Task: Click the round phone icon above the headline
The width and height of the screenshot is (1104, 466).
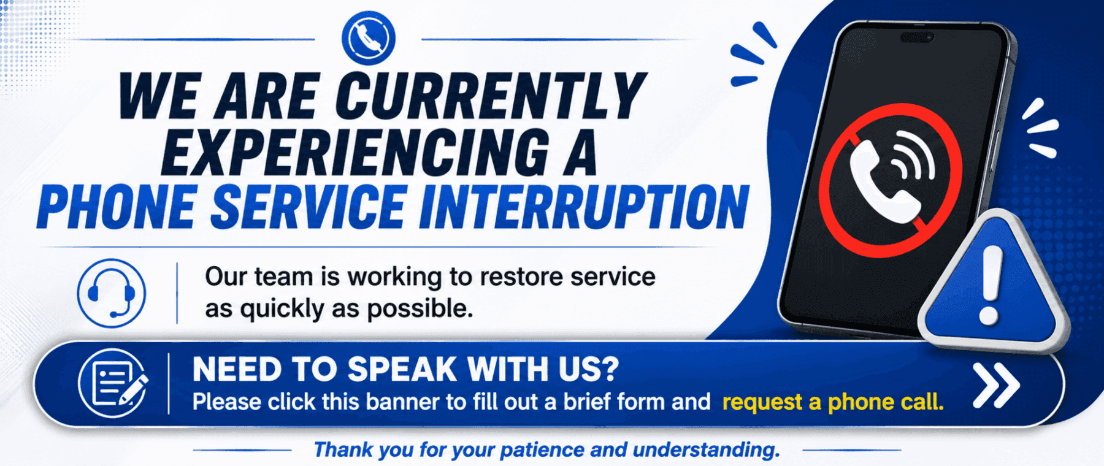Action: [368, 38]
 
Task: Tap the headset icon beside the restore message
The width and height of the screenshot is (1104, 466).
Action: [112, 293]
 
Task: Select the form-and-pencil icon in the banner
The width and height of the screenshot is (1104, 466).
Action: [113, 383]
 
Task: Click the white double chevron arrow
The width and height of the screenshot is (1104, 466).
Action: [996, 385]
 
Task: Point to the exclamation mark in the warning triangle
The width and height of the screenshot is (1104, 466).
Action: [990, 285]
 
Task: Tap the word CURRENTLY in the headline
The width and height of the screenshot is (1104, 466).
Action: [491, 96]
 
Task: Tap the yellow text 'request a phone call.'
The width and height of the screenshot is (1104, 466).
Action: [833, 402]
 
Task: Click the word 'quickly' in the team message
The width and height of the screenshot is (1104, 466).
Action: [282, 310]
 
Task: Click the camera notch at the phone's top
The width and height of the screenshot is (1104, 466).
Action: [916, 37]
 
